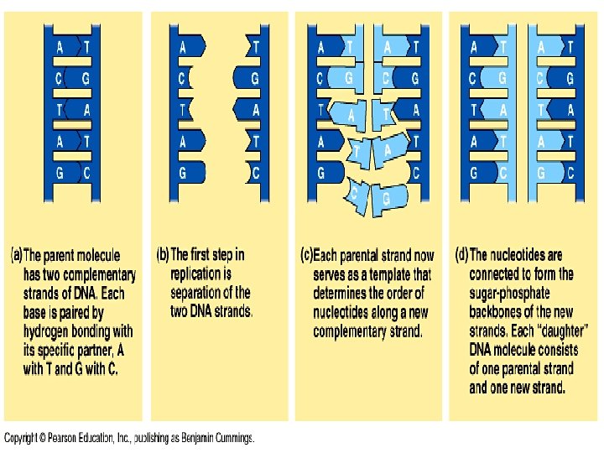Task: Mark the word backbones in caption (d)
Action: point(502,312)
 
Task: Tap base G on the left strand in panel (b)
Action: point(184,174)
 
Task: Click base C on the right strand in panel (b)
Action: point(255,174)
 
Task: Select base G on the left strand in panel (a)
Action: point(60,174)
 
